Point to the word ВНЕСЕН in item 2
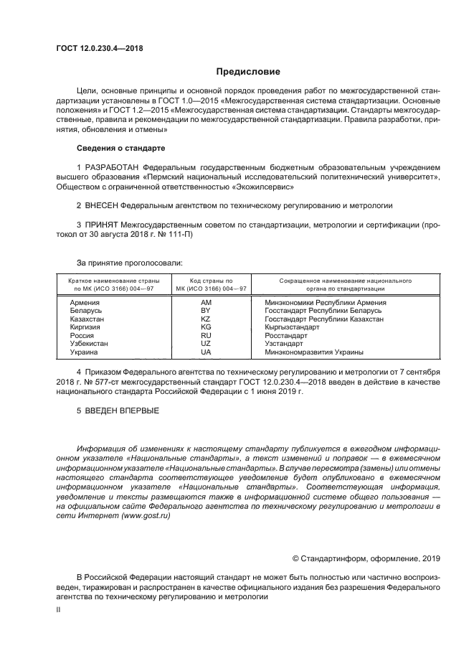[x=102, y=204]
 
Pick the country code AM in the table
[x=206, y=302]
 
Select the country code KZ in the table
[x=206, y=319]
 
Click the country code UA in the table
[x=206, y=352]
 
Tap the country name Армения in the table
[x=85, y=302]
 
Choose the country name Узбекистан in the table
[x=89, y=344]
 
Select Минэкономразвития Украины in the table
[x=314, y=352]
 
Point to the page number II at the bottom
[x=59, y=609]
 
